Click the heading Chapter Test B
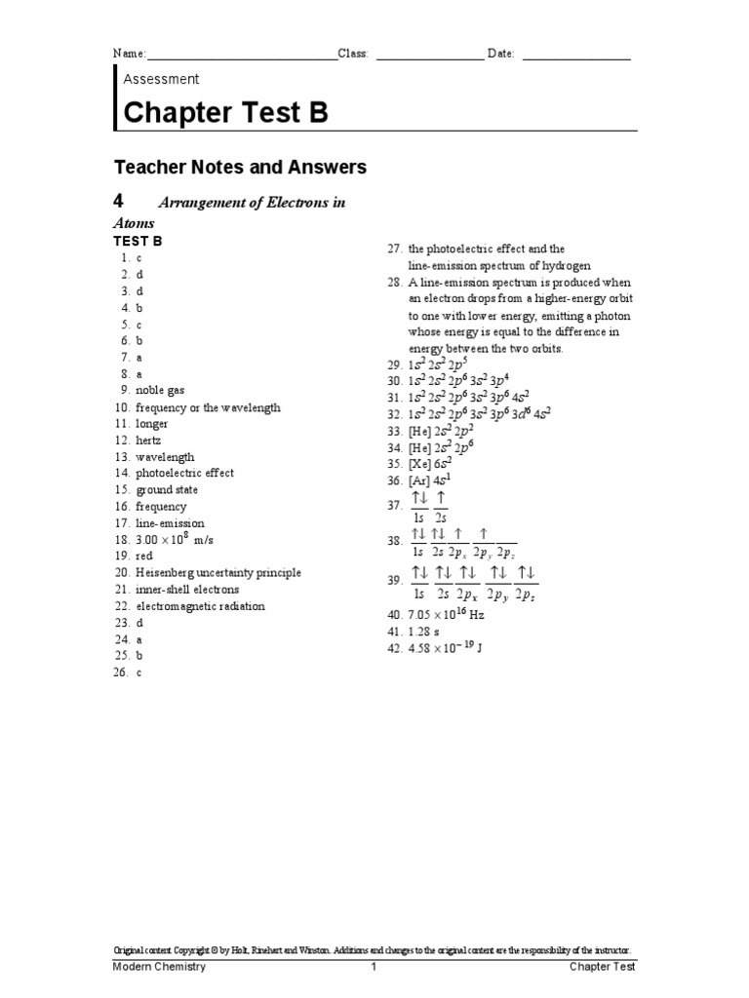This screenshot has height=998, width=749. [225, 113]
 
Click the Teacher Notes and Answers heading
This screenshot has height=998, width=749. [240, 168]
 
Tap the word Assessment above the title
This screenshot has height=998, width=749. [161, 79]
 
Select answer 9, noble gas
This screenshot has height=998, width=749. [160, 390]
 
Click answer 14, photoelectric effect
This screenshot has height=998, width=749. [184, 474]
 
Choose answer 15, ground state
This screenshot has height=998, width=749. [166, 490]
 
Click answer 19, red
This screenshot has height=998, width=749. [144, 557]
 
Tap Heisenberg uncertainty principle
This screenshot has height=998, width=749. [218, 573]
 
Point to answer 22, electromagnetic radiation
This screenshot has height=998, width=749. [200, 606]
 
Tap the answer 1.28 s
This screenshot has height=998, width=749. [425, 631]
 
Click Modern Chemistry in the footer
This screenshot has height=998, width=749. [160, 967]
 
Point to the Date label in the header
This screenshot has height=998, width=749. [500, 54]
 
